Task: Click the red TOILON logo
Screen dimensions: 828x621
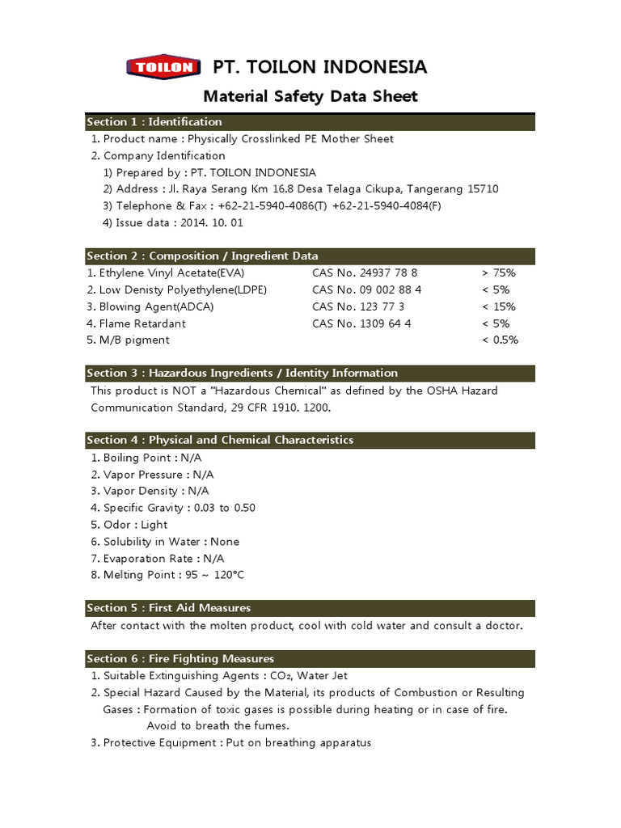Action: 163,67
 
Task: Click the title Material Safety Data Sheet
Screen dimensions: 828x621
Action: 310,97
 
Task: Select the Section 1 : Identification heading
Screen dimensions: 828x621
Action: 154,122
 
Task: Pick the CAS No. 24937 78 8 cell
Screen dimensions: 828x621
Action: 365,273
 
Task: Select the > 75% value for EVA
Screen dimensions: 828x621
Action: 498,273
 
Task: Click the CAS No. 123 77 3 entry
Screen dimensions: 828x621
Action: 358,306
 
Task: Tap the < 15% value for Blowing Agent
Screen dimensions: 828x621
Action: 498,306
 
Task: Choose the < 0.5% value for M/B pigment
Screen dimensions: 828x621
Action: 500,340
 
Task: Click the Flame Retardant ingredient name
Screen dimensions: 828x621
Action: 142,323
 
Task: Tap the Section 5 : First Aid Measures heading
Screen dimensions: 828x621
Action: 169,608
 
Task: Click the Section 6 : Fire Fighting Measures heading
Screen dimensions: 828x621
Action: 180,659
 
